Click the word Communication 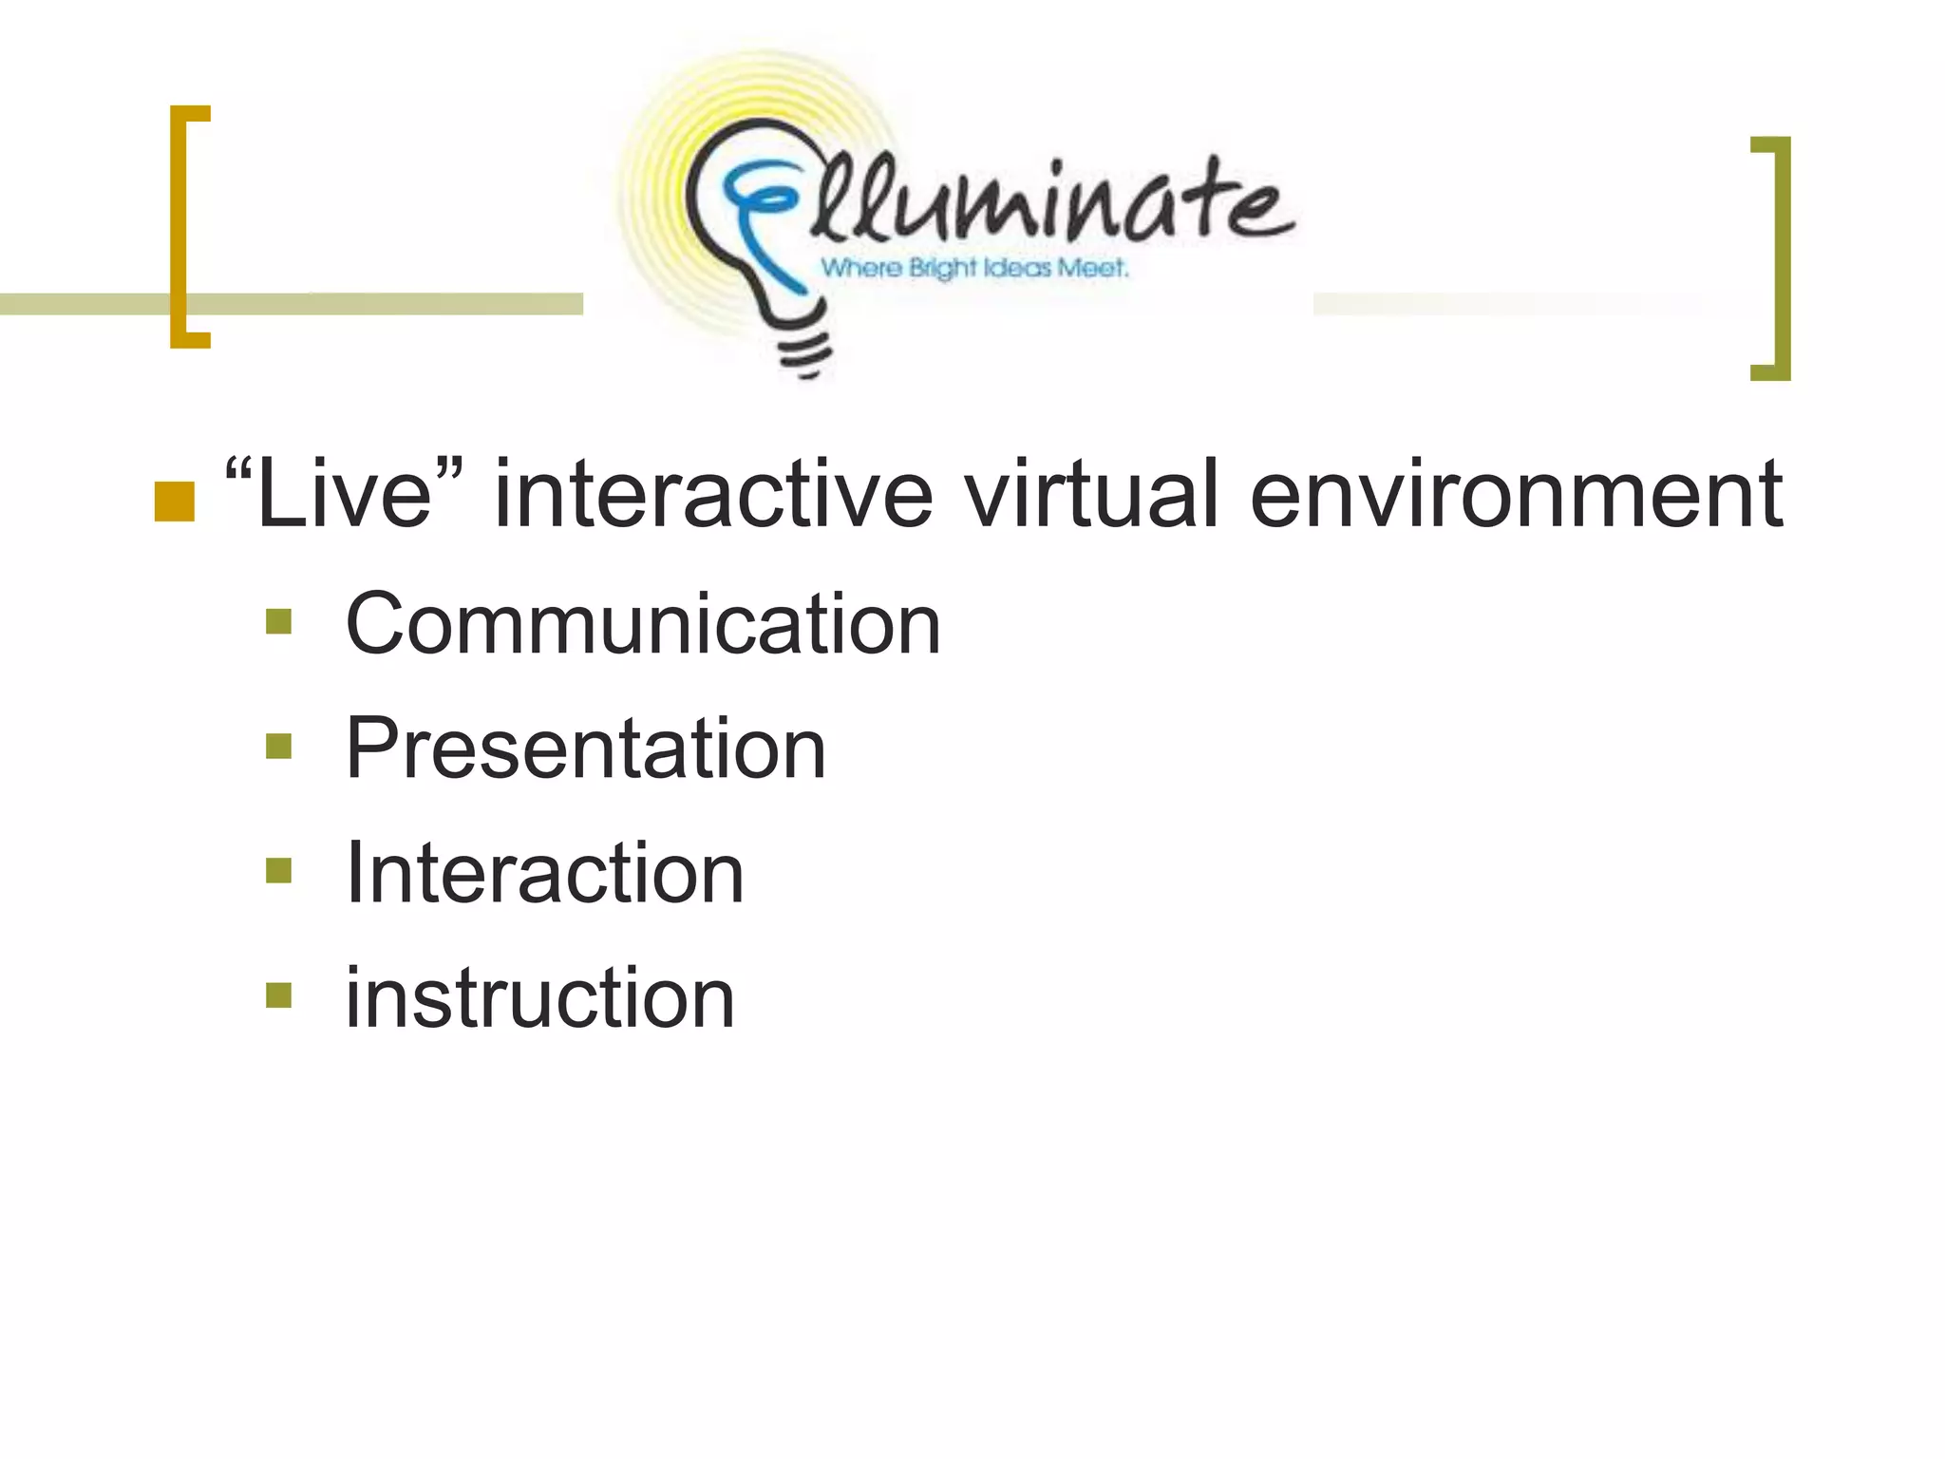tap(643, 624)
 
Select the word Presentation tap(585, 748)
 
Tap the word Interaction tap(544, 873)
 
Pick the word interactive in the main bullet tap(713, 494)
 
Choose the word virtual tap(1090, 494)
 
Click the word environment tap(1516, 494)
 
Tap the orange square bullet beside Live tap(174, 502)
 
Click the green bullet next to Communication tap(278, 622)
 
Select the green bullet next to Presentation tap(278, 747)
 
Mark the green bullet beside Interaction tap(278, 871)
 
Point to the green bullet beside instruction tap(278, 995)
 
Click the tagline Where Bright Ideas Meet tap(974, 268)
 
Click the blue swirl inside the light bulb tap(760, 218)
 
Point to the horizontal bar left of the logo tap(380, 304)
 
